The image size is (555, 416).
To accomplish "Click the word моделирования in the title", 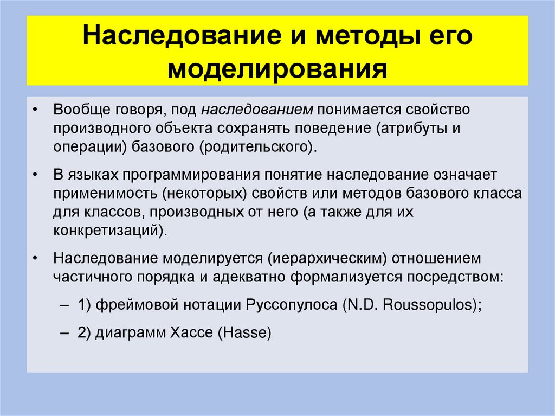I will (277, 69).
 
